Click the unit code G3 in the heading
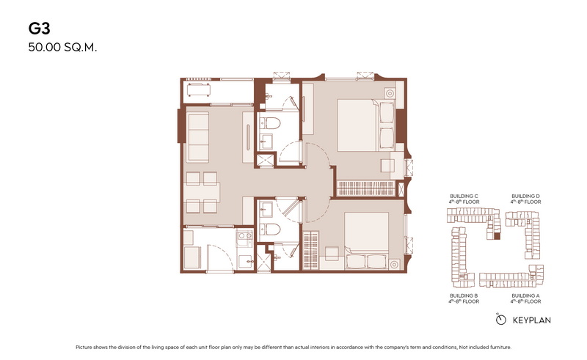point(40,29)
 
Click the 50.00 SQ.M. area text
point(62,48)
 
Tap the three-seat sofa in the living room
point(197,137)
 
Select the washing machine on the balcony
point(198,89)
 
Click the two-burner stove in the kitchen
point(246,235)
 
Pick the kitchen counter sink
point(246,261)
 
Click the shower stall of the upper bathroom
point(265,161)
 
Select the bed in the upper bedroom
point(365,125)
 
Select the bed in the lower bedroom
point(366,240)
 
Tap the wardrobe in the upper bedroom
point(365,188)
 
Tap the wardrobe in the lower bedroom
point(310,250)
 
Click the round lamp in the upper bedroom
point(390,93)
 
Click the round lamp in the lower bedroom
point(394,264)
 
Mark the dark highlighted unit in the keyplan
point(497,236)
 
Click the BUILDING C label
point(464,196)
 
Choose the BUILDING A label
point(525,295)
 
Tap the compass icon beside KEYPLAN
point(500,319)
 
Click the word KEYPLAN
point(531,320)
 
